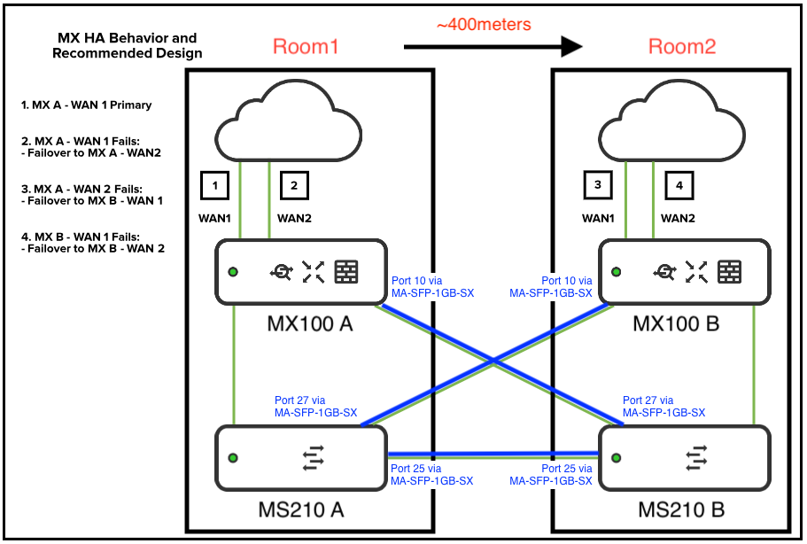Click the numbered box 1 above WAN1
(x=215, y=185)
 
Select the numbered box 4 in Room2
(x=679, y=186)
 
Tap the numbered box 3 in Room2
(x=598, y=185)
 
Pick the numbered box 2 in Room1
(x=294, y=185)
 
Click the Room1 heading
(x=306, y=47)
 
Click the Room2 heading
(x=681, y=47)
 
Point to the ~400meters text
(x=484, y=25)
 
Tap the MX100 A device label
(x=309, y=324)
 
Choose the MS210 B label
(x=681, y=510)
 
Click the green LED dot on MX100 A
(x=232, y=272)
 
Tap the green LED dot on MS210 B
(x=617, y=458)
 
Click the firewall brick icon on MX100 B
(x=730, y=272)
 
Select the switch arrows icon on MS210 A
(x=314, y=458)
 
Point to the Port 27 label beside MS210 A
(x=315, y=407)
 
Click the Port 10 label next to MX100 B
(x=551, y=286)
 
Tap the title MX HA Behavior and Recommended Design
(x=127, y=46)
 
